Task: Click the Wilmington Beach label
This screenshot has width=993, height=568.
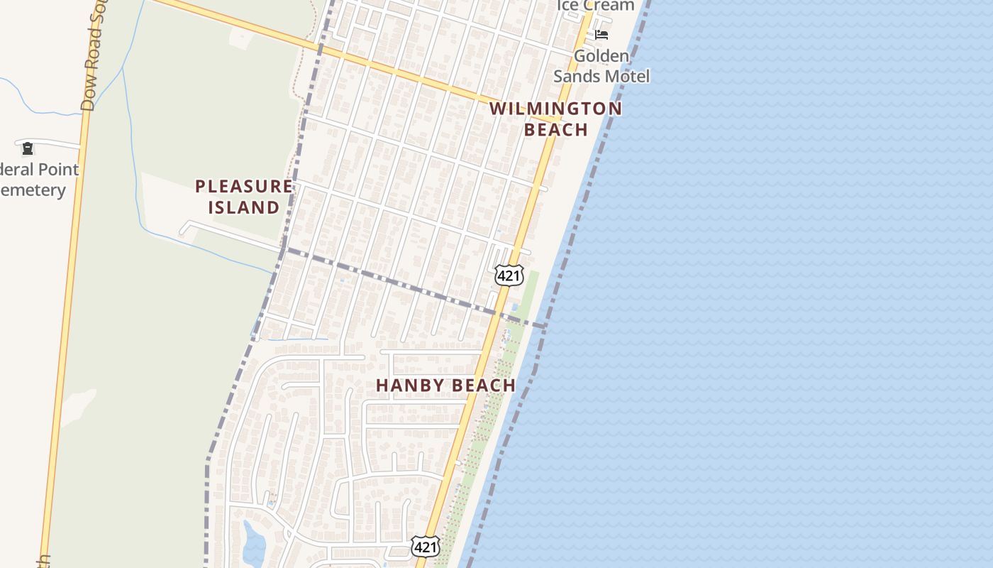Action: point(555,119)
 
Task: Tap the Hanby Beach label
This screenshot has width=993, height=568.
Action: point(445,386)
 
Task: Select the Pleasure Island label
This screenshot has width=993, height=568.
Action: point(243,197)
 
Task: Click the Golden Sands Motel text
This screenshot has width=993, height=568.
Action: point(601,66)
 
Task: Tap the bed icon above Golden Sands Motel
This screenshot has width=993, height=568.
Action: point(601,34)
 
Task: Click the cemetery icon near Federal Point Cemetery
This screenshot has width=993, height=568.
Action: point(28,148)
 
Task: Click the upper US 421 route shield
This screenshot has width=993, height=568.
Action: point(509,275)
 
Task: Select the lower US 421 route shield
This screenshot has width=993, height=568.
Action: point(425,547)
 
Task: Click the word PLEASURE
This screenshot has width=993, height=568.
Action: point(243,187)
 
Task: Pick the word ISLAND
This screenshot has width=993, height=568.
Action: point(243,207)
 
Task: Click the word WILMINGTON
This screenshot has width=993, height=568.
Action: point(555,109)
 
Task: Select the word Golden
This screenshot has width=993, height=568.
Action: point(601,56)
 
